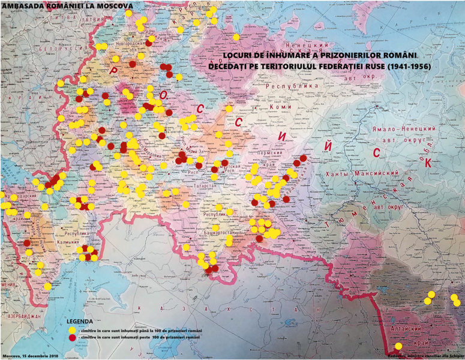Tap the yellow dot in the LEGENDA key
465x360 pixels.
click(x=73, y=331)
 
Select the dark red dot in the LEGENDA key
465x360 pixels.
click(x=73, y=338)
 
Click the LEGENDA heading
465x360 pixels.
click(x=80, y=321)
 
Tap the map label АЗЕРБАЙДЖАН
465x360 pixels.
click(x=21, y=315)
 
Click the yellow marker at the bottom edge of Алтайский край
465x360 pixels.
click(x=398, y=346)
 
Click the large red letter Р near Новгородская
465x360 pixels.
click(x=113, y=71)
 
